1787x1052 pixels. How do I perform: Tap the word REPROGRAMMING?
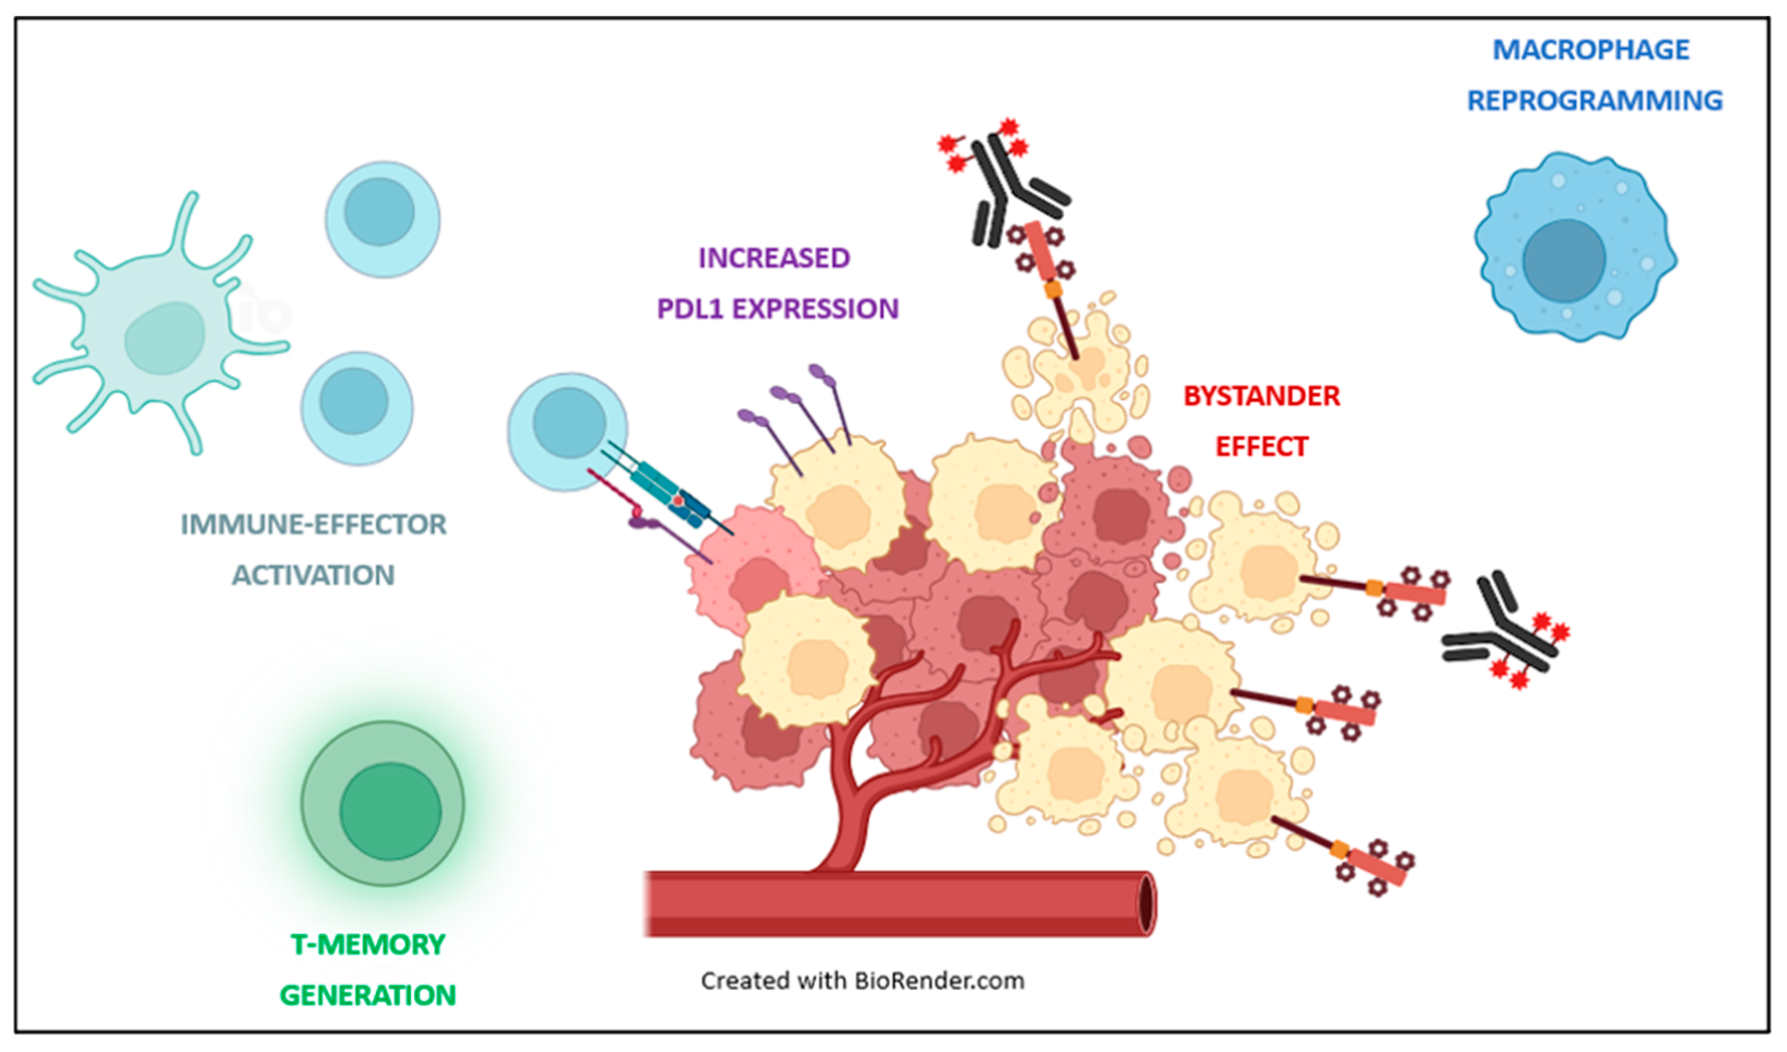(1594, 101)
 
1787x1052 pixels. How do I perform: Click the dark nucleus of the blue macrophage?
(1563, 260)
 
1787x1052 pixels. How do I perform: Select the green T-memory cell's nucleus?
(390, 812)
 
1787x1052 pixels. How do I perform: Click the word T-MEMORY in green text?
(367, 945)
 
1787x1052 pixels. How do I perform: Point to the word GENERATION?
(367, 995)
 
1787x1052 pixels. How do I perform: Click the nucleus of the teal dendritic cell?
(165, 338)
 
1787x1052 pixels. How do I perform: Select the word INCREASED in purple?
(774, 258)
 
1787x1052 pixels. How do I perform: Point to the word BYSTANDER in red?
(1262, 396)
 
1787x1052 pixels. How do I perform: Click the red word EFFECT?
(1262, 447)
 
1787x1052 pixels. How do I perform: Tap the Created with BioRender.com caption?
(862, 980)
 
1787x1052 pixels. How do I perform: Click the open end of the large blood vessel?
(1146, 904)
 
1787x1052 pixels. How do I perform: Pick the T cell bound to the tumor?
(567, 431)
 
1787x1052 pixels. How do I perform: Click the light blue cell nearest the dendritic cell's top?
(382, 218)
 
